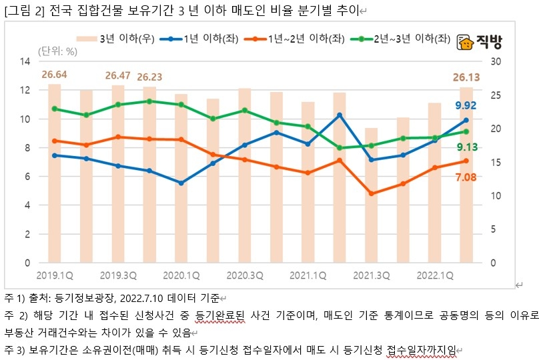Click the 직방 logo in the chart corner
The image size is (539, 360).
(479, 42)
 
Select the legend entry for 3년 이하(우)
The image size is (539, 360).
(127, 39)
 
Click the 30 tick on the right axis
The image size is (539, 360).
(495, 62)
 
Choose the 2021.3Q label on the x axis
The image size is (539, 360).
(372, 274)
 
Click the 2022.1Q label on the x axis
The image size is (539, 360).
(435, 274)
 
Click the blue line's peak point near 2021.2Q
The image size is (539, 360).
(340, 115)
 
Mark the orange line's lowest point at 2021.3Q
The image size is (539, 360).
(372, 193)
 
